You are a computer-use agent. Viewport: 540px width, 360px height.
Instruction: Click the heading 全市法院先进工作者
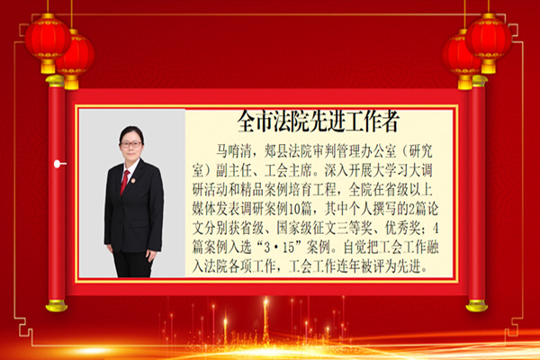[319, 121]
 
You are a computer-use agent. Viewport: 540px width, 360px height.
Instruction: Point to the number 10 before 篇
[293, 209]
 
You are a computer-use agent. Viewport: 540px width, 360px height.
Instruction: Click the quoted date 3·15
[278, 247]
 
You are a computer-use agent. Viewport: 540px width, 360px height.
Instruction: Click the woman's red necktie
[124, 182]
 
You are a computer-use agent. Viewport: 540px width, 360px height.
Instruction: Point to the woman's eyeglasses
[130, 144]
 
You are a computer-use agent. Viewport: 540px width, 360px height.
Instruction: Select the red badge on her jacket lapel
[133, 181]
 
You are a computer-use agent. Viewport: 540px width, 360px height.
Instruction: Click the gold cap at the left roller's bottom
[57, 306]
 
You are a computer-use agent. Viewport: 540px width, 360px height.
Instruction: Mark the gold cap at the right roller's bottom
[477, 306]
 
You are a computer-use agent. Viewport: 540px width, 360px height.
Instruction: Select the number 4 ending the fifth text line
[436, 228]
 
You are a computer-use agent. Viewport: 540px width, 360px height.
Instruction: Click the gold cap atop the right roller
[479, 81]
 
